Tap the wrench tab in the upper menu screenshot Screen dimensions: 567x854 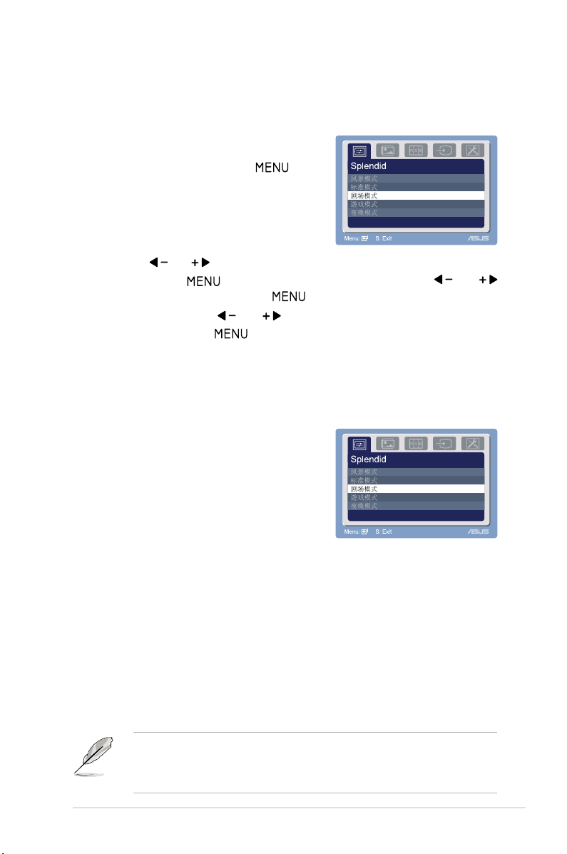point(473,151)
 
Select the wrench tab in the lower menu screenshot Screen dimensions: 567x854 point(473,443)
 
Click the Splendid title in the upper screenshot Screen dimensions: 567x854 point(368,166)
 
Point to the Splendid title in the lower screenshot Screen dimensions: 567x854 point(368,459)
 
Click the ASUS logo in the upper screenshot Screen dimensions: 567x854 point(478,239)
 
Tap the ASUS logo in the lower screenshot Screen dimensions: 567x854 point(478,532)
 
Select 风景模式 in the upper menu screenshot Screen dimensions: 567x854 point(364,178)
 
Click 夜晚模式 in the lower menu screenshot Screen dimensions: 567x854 point(364,506)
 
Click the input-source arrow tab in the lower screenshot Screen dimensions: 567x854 point(444,443)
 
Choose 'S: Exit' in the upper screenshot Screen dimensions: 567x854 point(383,239)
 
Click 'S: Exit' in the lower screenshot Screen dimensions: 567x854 point(383,532)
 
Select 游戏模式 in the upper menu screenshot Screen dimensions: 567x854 point(364,204)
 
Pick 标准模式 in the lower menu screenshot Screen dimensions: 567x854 point(364,480)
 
